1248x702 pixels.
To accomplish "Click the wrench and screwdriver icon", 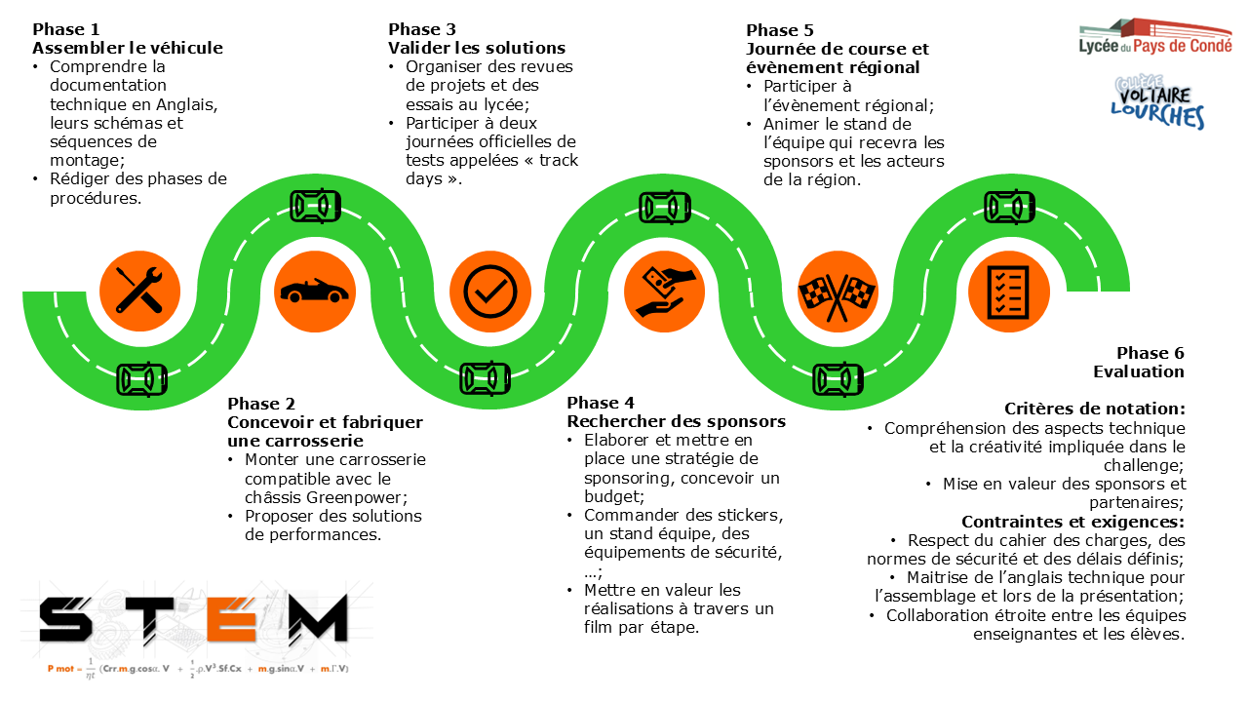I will (x=140, y=291).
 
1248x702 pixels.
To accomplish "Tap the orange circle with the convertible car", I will (x=314, y=291).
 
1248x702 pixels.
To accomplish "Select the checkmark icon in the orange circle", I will (x=488, y=291).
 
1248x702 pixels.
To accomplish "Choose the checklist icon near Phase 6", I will (x=1009, y=291).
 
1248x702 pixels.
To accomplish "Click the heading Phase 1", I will (x=66, y=29).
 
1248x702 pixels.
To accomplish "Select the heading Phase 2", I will (x=261, y=404).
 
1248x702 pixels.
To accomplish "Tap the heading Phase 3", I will (x=422, y=29).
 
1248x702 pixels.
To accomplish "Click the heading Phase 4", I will (x=601, y=403).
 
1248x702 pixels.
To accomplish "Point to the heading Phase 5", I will (x=780, y=30).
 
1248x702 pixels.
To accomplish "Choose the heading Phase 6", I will (x=1150, y=353).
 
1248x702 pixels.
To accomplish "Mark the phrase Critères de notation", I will (x=1094, y=409).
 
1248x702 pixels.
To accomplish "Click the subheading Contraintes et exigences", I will (x=1072, y=521).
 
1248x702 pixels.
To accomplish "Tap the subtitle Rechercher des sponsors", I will (x=677, y=421).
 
